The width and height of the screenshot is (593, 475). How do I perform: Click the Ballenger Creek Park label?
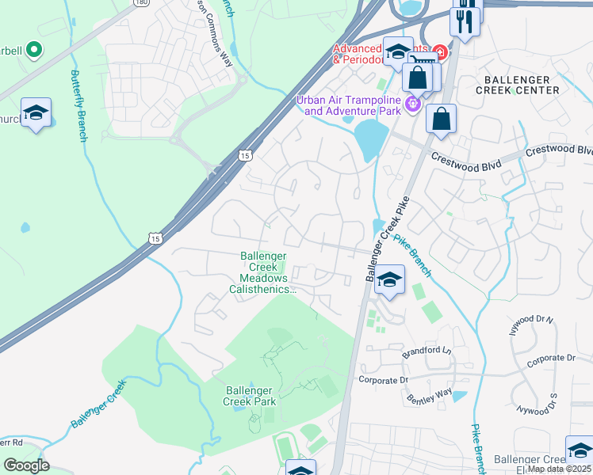coord(250,396)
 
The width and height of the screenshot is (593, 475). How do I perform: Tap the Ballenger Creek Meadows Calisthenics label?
coord(267,272)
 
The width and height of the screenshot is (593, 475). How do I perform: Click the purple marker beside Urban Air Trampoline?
coord(411,103)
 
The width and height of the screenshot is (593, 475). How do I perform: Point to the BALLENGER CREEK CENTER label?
coord(517,85)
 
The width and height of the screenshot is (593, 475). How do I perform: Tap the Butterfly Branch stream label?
coord(78,106)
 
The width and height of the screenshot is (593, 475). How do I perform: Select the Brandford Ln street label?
coord(425,351)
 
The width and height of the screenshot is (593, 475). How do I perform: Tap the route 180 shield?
coord(141,3)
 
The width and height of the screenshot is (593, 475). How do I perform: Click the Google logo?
coord(25,465)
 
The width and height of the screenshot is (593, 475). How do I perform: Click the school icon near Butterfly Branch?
coord(36,112)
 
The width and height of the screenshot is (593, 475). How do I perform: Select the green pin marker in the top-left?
coord(33,51)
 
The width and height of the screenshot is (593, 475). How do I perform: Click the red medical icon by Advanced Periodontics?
coord(439,53)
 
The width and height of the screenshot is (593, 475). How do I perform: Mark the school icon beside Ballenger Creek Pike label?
coord(388,279)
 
